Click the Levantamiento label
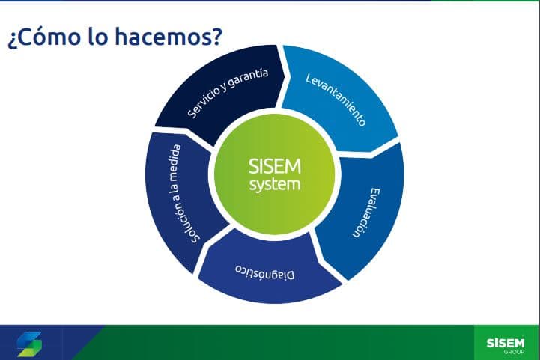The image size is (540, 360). click(336, 100)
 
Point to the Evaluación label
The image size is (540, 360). click(365, 213)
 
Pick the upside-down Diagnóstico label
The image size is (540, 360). click(265, 272)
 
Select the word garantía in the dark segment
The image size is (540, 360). click(249, 78)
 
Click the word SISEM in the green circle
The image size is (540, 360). click(274, 166)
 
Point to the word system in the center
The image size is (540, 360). click(274, 184)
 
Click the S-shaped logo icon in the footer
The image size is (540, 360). click(30, 344)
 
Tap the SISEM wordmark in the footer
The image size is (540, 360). click(506, 343)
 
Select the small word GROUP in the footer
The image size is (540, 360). click(514, 352)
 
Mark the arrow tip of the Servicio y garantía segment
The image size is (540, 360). click(285, 76)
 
